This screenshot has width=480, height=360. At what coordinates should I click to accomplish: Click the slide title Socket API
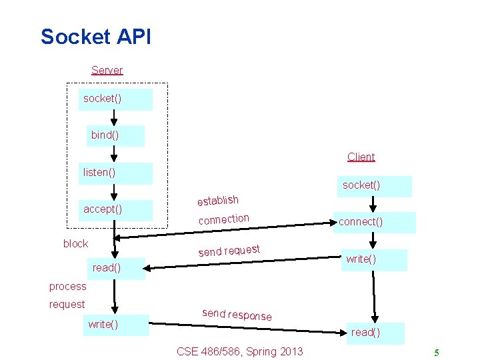pyautogui.click(x=95, y=37)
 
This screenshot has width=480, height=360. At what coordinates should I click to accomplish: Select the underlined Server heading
pyautogui.click(x=107, y=70)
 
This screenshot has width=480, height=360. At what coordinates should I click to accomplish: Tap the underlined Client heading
pyautogui.click(x=361, y=157)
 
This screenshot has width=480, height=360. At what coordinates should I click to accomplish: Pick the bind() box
pyautogui.click(x=115, y=135)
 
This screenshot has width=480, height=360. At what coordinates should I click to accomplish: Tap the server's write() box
pyautogui.click(x=115, y=325)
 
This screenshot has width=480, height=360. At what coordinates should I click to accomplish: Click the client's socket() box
pyautogui.click(x=373, y=185)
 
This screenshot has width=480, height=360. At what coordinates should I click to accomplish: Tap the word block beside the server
pyautogui.click(x=75, y=244)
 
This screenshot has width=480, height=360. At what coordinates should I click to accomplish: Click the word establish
pyautogui.click(x=217, y=200)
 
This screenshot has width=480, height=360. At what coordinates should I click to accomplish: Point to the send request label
pyautogui.click(x=229, y=251)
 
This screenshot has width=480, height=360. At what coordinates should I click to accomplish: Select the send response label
pyautogui.click(x=237, y=315)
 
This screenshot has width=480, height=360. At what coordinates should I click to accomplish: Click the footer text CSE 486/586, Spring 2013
pyautogui.click(x=239, y=351)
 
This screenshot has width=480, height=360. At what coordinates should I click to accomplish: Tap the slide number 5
pyautogui.click(x=436, y=353)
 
